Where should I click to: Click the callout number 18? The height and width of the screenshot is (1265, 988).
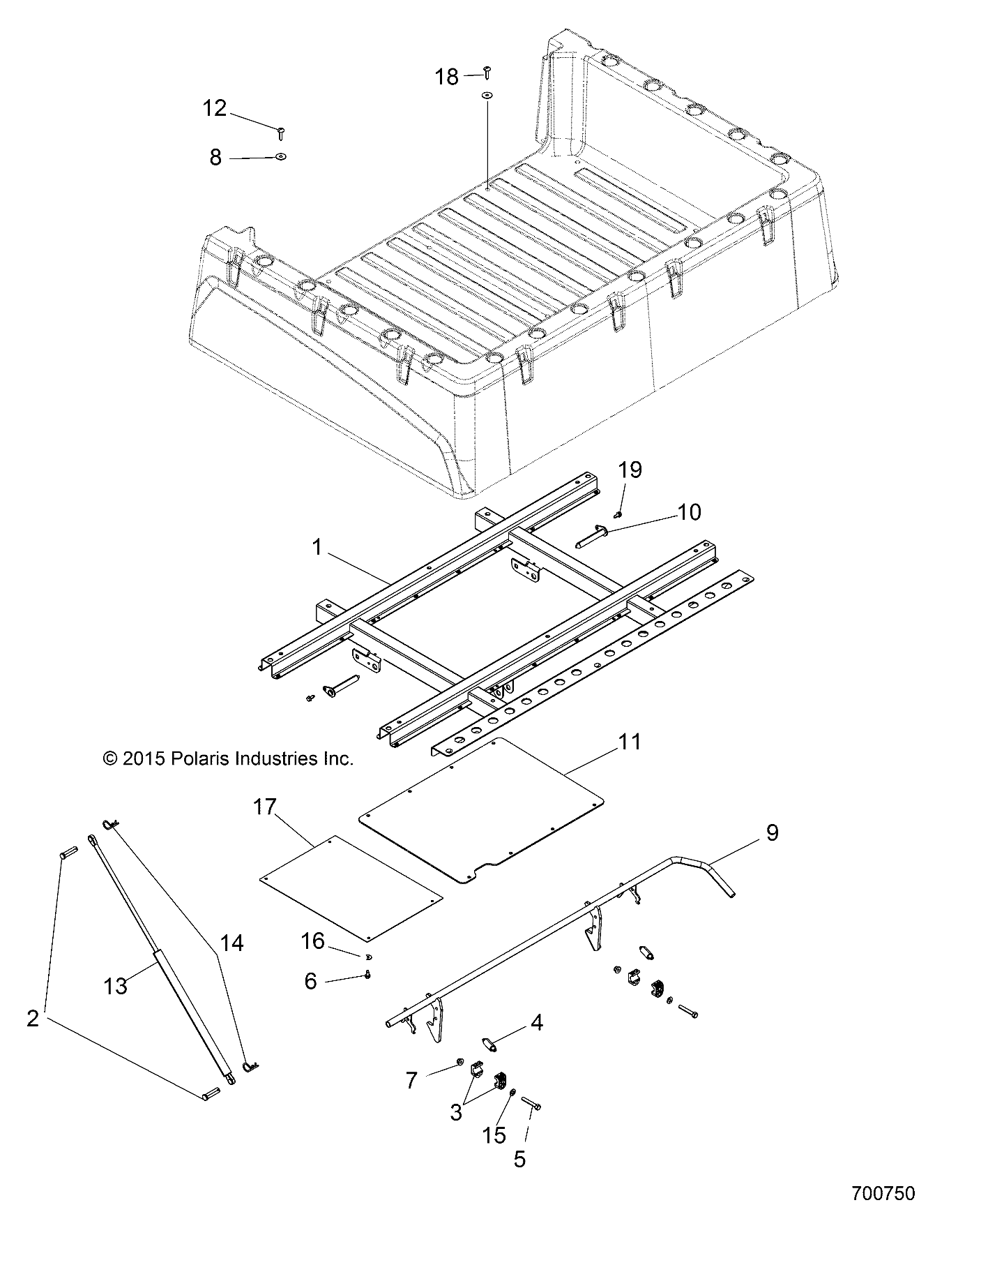pos(447,77)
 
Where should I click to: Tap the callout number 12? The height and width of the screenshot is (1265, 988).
pos(215,108)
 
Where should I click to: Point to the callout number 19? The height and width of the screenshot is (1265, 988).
pos(630,470)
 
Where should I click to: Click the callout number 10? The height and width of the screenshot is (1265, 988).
pos(689,512)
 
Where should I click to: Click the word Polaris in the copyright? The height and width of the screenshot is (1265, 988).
pos(207,758)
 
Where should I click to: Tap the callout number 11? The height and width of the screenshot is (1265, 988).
pos(630,742)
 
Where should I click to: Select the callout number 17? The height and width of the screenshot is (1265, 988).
pos(265,807)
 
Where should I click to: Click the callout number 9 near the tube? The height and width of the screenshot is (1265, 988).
pos(772,832)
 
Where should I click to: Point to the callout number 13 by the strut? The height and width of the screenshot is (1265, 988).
pos(116,985)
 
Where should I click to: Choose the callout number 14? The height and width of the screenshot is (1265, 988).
pos(231,943)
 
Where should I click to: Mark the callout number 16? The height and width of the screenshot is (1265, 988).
pos(312,941)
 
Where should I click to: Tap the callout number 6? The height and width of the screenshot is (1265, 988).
pos(310,981)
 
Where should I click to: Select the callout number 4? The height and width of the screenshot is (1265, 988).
pos(536,1023)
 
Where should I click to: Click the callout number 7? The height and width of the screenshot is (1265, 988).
pos(411,1081)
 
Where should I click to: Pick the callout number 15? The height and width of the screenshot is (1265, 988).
pos(494,1135)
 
